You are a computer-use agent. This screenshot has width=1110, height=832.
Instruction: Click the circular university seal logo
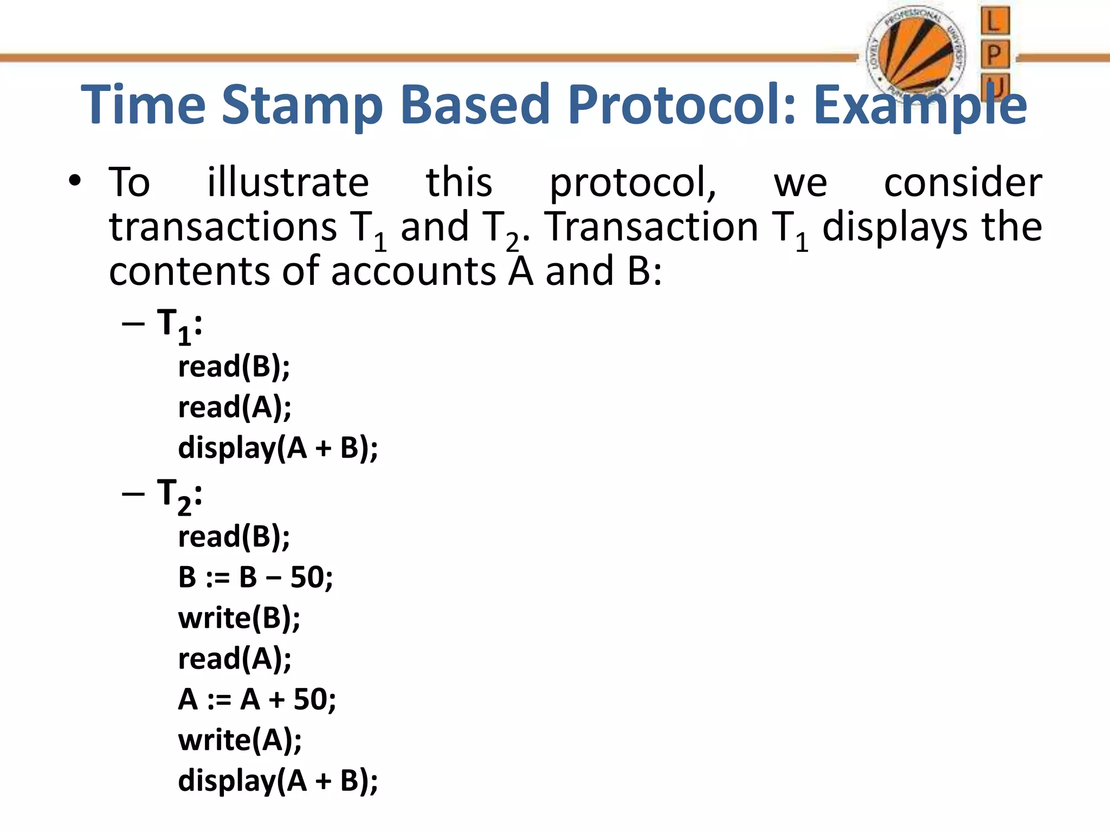pos(915,54)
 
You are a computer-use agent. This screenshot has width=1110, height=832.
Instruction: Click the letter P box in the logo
pos(995,54)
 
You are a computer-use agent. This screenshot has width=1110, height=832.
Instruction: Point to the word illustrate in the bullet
pos(288,183)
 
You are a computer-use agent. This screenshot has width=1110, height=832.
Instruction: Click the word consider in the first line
pos(963,183)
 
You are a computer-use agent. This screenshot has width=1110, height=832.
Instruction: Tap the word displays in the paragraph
pos(894,227)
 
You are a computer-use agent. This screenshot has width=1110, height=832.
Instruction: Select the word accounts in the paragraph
pos(413,271)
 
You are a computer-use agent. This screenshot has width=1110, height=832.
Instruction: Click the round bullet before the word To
pos(75,181)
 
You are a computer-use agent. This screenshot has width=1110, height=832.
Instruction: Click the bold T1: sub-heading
pos(179,325)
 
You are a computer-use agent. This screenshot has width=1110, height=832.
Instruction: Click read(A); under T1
pos(234,407)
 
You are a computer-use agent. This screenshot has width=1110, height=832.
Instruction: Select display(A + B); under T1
pos(277,448)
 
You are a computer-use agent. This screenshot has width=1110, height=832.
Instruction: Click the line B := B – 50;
pos(255,577)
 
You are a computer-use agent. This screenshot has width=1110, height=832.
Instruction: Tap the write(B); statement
pos(239,618)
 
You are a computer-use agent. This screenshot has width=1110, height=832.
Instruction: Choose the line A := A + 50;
pos(257,699)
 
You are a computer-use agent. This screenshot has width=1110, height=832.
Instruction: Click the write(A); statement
pos(240,740)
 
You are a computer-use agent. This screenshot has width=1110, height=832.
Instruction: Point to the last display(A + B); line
pos(277,781)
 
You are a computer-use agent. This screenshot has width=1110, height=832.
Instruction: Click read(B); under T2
pos(234,537)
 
